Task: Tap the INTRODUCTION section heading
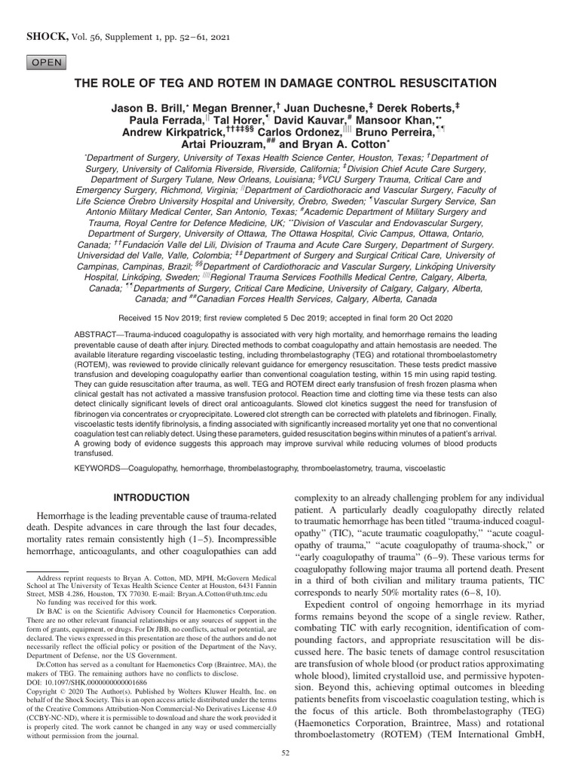(152, 498)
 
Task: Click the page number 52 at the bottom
(285, 753)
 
